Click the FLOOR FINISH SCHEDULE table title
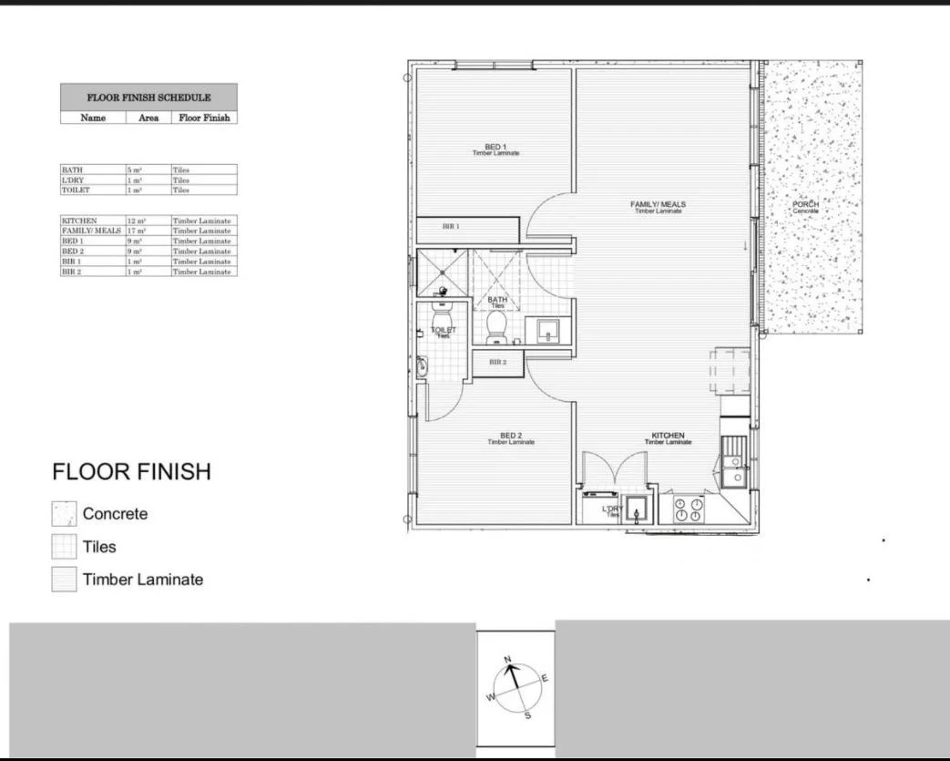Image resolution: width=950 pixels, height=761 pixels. [148, 98]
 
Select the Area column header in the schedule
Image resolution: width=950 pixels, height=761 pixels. [148, 118]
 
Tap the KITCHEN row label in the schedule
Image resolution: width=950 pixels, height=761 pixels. [79, 221]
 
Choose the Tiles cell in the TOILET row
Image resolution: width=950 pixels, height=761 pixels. [180, 190]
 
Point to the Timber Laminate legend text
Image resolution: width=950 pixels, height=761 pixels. [143, 580]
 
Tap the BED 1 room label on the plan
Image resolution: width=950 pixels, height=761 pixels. [495, 148]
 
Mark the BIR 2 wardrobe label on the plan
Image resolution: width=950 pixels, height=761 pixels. [497, 362]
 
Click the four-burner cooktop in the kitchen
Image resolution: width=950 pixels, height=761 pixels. [688, 509]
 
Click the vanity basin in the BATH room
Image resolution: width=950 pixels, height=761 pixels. [547, 331]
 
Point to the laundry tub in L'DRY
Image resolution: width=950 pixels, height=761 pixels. [637, 510]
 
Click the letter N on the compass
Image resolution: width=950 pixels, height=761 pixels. [508, 659]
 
